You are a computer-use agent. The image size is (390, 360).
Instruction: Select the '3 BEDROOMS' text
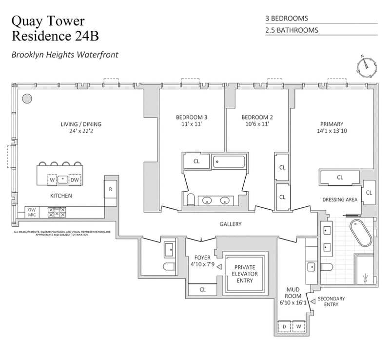pos(287,19)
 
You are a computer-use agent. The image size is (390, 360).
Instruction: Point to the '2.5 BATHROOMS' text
pos(292,30)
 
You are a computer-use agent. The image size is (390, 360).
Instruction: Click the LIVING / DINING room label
pos(81,124)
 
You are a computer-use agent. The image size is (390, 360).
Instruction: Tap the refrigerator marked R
pos(111,189)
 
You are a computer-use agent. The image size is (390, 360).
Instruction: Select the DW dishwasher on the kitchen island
pos(75,180)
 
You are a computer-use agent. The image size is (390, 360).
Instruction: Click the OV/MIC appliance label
pos(32,213)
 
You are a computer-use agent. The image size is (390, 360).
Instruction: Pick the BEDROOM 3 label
pos(192,117)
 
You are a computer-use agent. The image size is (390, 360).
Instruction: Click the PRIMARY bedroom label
pos(331,124)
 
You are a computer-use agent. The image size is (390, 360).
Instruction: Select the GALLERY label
pos(230,224)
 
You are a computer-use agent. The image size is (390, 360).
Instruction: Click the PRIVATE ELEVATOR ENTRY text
pos(246,274)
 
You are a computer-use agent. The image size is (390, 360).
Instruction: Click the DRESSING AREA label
pos(340,200)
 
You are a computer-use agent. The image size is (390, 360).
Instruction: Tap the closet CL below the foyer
pos(202,290)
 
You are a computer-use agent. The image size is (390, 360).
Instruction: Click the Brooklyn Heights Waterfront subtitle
pos(65,55)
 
